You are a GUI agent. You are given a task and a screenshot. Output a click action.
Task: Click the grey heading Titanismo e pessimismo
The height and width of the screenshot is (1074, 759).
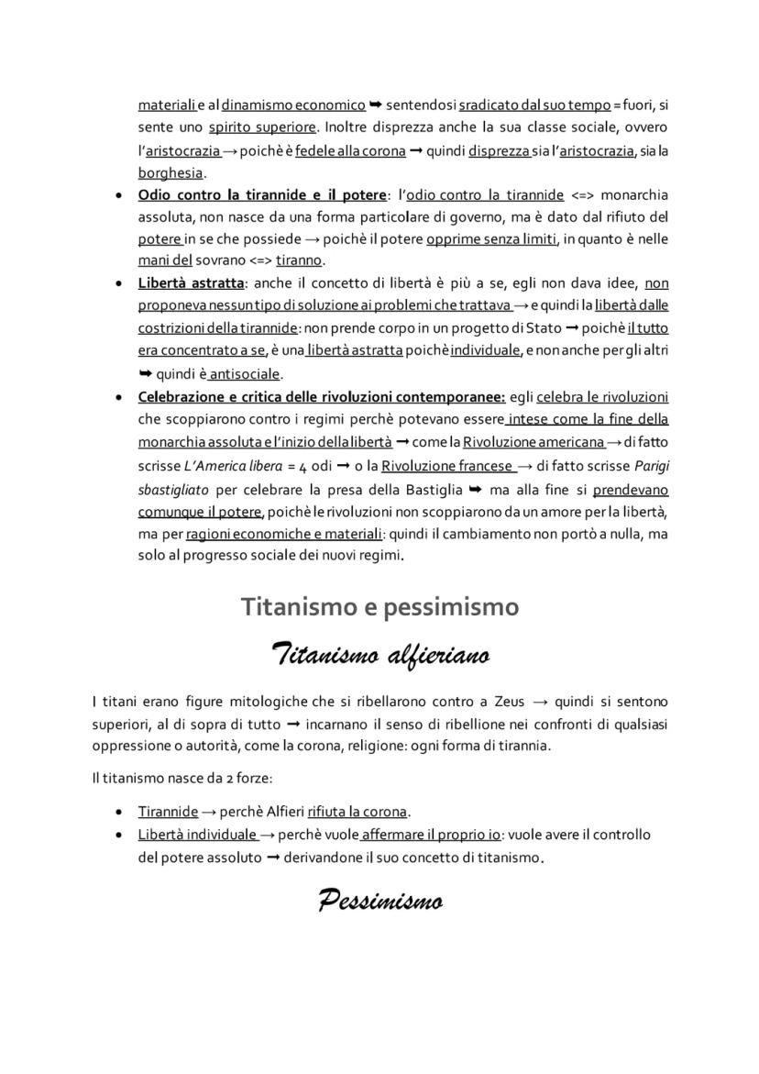[379, 607]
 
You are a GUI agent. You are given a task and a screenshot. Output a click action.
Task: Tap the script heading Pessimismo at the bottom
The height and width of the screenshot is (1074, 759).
[379, 901]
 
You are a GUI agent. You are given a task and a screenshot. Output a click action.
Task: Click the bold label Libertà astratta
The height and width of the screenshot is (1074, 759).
[191, 282]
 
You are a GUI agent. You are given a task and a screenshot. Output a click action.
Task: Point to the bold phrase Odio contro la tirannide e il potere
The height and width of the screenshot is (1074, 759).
[263, 194]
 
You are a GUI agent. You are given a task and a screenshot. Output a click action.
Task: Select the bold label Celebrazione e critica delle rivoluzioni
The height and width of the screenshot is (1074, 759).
[321, 397]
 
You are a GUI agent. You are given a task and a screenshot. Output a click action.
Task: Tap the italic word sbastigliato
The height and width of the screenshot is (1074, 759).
[175, 489]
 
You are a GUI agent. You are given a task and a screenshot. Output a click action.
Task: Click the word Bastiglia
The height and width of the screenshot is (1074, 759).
[435, 489]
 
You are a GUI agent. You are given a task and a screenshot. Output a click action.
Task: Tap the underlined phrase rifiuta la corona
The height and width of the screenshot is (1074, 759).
[357, 812]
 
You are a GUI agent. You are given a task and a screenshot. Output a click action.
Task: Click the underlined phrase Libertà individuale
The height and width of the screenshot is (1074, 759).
[196, 835]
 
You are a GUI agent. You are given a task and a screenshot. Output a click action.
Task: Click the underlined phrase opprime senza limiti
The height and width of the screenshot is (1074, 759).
[490, 239]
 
